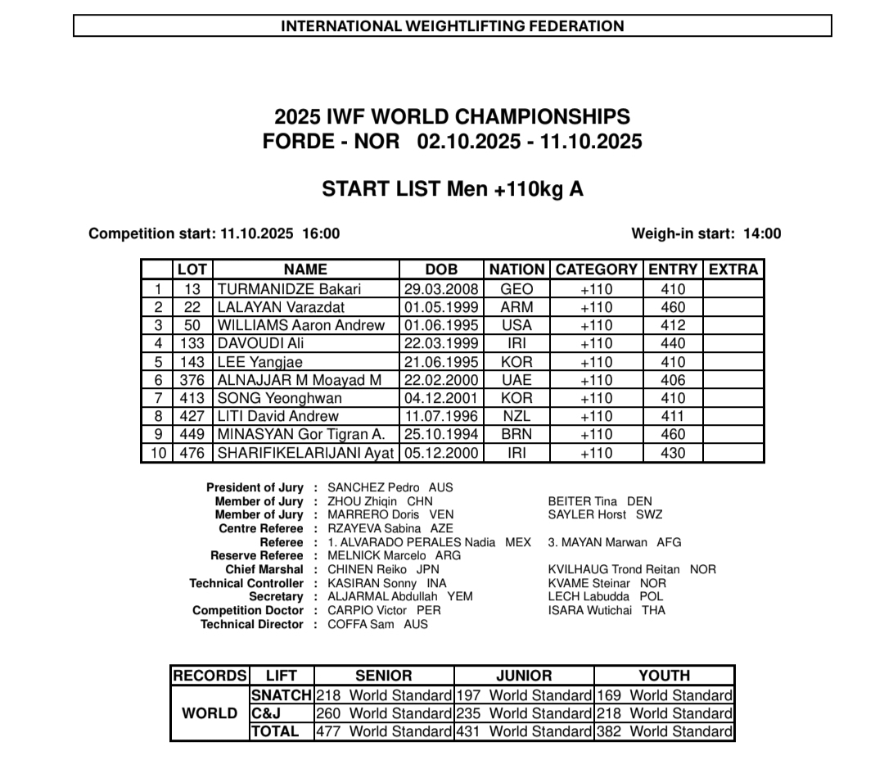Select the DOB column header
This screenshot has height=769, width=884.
click(441, 269)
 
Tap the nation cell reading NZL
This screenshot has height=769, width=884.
click(516, 416)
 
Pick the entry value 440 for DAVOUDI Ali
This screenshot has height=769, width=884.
click(672, 344)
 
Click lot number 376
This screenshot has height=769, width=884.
click(192, 380)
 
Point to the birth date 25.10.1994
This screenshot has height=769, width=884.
click(441, 435)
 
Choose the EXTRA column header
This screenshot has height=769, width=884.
click(733, 269)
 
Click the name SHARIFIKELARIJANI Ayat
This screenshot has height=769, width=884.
click(305, 453)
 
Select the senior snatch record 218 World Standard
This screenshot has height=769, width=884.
click(383, 695)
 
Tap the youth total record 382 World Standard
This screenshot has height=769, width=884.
click(665, 731)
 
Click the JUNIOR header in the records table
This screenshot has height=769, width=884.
click(524, 676)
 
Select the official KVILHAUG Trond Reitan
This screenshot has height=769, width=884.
click(632, 569)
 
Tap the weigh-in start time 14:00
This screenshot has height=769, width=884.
click(762, 233)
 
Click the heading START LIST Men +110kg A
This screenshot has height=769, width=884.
click(453, 189)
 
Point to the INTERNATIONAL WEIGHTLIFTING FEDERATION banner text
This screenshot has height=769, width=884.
click(453, 26)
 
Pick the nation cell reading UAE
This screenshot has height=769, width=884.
click(516, 380)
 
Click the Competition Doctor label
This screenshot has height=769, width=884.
click(248, 610)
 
